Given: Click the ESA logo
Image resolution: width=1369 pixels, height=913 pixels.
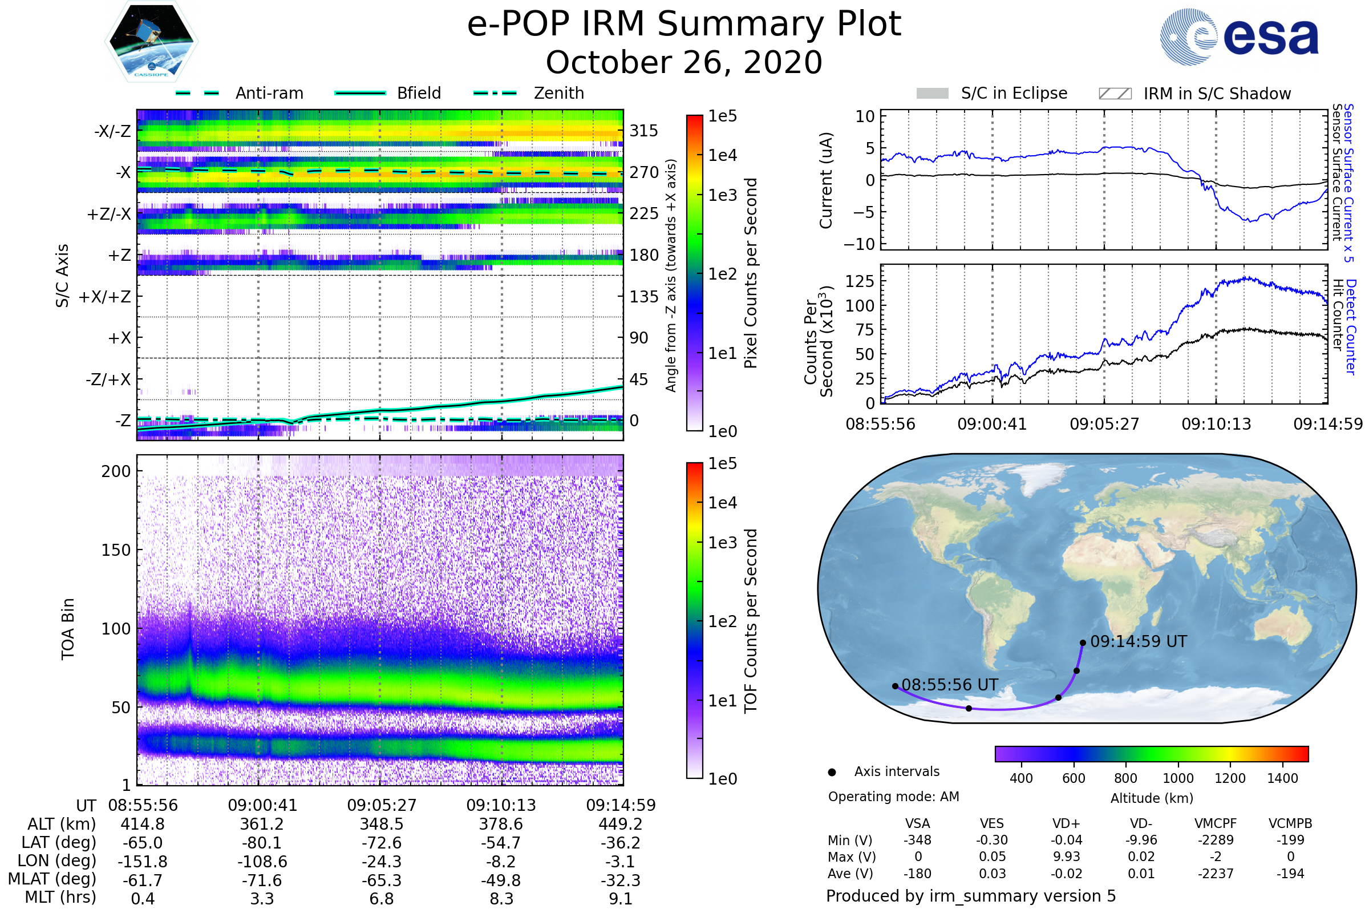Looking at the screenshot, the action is coord(1239,37).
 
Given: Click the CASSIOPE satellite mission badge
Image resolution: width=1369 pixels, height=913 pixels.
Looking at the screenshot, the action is coord(151,41).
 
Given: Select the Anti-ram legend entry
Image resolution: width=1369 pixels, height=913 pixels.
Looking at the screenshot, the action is coord(239,93).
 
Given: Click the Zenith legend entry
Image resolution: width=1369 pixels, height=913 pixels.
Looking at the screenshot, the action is coord(529,93).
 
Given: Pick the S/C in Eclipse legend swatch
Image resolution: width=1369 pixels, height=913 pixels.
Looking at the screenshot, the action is coord(933,94).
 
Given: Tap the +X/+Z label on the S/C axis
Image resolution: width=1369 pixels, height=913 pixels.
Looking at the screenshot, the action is coord(105,297).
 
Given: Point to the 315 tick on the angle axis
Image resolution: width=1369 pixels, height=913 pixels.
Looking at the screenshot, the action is coord(644,131).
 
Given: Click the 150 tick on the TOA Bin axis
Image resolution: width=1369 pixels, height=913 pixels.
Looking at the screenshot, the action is coord(116,550).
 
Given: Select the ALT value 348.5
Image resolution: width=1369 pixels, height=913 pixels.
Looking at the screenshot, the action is coord(382,825).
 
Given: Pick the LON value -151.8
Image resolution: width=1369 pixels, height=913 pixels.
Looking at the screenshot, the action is coord(143,862).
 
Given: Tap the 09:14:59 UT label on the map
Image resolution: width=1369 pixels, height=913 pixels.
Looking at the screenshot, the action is coord(1139,641).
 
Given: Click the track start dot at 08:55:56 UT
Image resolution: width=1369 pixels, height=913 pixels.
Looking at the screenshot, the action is coord(895,686).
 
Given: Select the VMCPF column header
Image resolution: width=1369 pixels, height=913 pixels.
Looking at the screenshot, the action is coord(1216,824).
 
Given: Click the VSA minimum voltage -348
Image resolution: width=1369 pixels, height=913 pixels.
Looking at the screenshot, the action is coord(917,840).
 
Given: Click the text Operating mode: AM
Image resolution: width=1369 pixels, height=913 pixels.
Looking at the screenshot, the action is coord(893,797).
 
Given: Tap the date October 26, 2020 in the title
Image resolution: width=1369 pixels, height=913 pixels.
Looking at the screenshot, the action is coord(684,62).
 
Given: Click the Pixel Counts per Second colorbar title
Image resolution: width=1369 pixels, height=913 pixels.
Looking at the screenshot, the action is coord(751,273).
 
